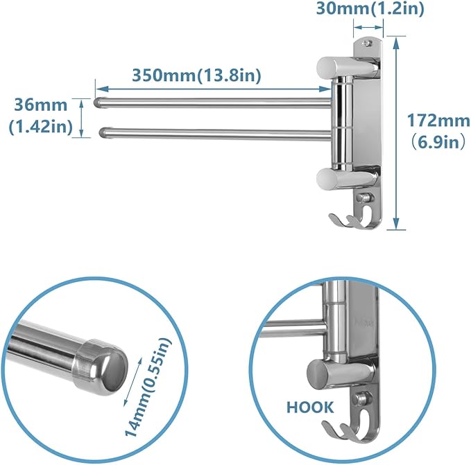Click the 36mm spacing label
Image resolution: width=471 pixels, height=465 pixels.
(41, 105)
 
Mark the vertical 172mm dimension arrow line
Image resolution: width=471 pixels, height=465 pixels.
(396, 132)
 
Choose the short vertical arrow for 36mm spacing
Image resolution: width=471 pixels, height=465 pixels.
(83, 116)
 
